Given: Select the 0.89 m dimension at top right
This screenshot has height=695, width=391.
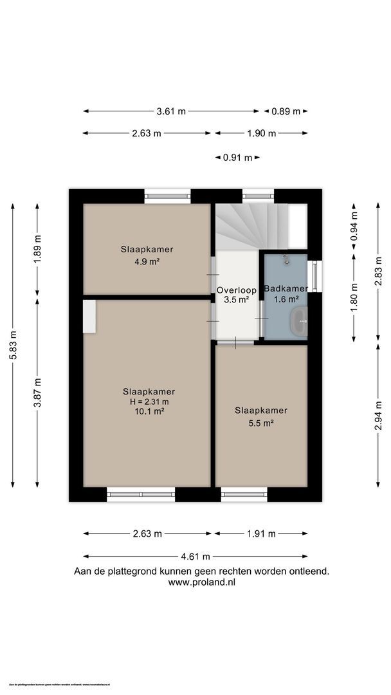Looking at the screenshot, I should pyautogui.click(x=286, y=111).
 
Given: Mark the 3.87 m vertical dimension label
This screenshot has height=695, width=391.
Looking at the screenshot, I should pyautogui.click(x=38, y=391).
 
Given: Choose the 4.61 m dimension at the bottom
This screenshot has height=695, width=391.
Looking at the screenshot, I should pyautogui.click(x=196, y=557).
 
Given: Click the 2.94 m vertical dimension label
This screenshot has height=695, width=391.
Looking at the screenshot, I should pyautogui.click(x=379, y=416).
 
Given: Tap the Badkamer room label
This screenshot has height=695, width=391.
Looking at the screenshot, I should pyautogui.click(x=287, y=289).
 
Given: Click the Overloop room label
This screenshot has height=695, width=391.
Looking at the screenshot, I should pyautogui.click(x=237, y=290).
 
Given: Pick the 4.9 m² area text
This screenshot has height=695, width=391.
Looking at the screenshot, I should pyautogui.click(x=147, y=261).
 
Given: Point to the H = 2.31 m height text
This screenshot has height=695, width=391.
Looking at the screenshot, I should pyautogui.click(x=149, y=402).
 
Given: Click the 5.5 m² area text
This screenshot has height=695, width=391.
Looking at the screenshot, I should pyautogui.click(x=260, y=423).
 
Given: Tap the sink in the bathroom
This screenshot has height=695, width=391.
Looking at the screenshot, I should pyautogui.click(x=300, y=320).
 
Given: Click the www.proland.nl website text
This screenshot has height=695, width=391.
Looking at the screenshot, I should pyautogui.click(x=201, y=582).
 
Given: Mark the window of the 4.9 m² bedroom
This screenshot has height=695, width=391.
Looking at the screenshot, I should pyautogui.click(x=167, y=196).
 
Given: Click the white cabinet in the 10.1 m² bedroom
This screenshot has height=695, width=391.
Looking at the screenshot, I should pyautogui.click(x=89, y=316).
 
